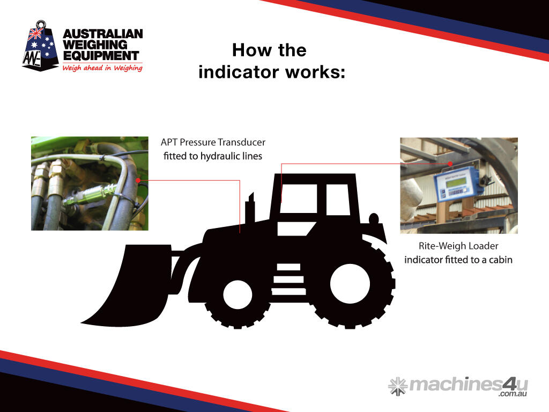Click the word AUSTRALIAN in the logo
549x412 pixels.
click(103, 34)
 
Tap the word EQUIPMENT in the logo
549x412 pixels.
click(101, 56)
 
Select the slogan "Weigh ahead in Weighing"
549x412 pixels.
click(102, 68)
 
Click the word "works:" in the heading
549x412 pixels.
click(315, 72)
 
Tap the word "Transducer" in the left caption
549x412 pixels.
click(242, 142)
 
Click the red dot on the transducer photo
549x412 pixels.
click(138, 180)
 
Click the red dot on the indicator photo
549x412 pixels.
click(450, 164)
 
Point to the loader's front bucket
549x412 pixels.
click(127, 284)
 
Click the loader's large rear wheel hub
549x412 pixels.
click(350, 283)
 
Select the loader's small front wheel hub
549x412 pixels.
click(237, 295)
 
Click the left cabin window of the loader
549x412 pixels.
click(298, 198)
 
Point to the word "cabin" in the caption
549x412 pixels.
click(501, 260)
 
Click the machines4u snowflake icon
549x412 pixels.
click(398, 386)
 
